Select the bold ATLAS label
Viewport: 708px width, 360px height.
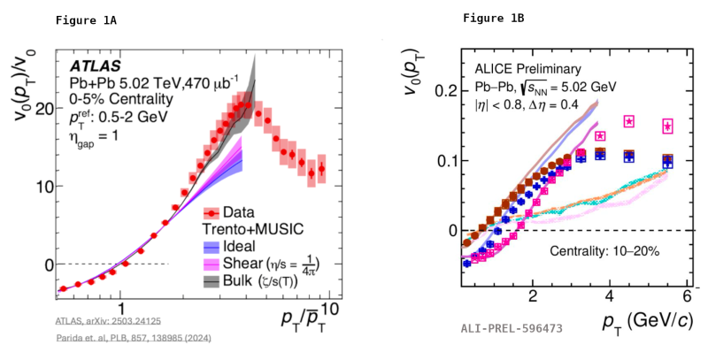96,65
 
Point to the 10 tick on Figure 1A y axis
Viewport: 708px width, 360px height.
41,187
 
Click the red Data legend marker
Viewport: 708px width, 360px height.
212,212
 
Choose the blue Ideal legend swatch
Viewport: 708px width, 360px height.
212,246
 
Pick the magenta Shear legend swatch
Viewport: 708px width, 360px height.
212,264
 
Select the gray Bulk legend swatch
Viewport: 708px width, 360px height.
212,281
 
